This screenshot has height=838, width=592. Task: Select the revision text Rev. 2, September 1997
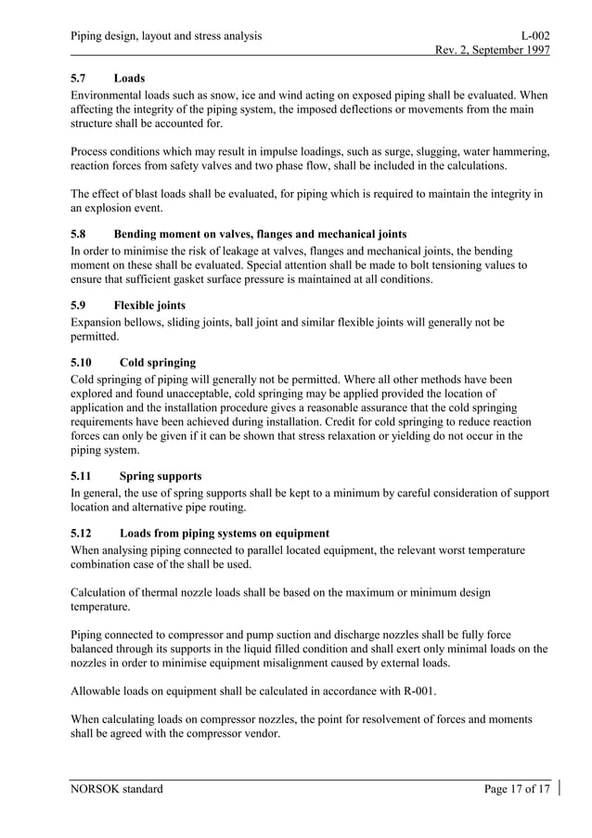(486, 51)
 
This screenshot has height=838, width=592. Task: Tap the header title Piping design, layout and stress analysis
(166, 35)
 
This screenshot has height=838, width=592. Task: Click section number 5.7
(80, 79)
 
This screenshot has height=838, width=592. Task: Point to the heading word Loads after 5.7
(129, 79)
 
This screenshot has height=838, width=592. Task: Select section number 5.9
(80, 305)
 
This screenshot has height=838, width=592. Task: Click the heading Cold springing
(158, 362)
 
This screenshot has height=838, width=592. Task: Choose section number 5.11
(84, 476)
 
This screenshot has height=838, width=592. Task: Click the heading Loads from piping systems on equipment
(224, 533)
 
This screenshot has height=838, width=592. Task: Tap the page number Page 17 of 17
(517, 790)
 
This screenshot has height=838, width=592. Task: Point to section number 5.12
(84, 533)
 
